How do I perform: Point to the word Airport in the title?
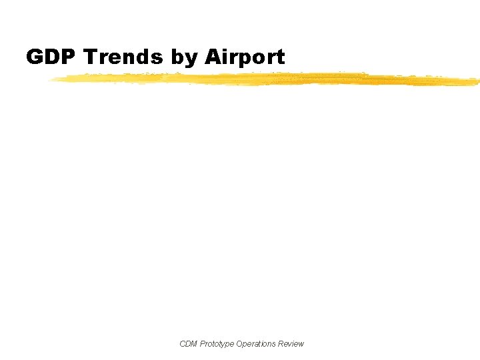[245, 58]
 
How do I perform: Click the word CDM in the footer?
[189, 344]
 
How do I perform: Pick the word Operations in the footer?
[257, 344]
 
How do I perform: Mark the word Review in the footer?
[291, 344]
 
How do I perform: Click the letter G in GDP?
[35, 57]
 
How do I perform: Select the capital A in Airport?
[213, 57]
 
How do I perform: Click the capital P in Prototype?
[203, 344]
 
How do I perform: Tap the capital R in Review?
[281, 344]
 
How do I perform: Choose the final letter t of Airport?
[281, 57]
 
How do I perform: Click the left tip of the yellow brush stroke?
[49, 79]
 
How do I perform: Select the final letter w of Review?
[301, 344]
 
